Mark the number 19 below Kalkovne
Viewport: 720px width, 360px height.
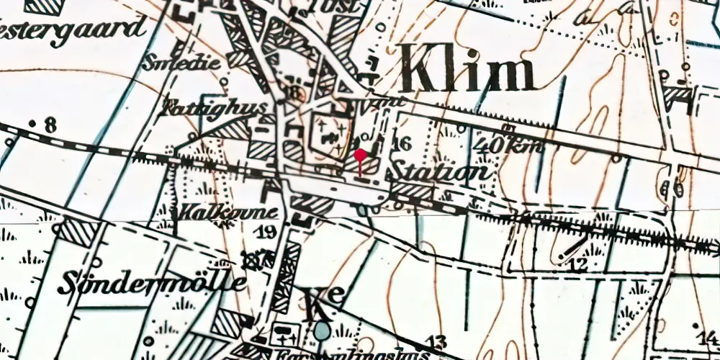point(266,232)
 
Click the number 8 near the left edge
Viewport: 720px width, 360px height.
point(48,127)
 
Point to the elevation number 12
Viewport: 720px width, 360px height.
point(579,265)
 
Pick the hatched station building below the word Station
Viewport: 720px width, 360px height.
point(412,191)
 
